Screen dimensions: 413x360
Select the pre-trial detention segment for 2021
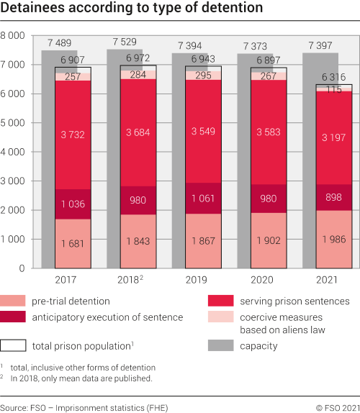[334, 239]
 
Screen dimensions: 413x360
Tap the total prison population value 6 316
[333, 77]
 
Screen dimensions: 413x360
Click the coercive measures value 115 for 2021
[333, 89]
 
